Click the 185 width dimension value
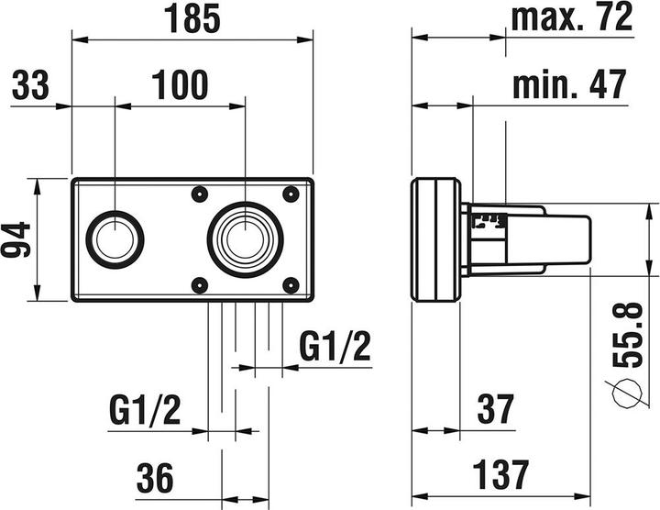click(192, 19)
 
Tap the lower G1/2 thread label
click(145, 407)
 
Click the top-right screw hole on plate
click(291, 194)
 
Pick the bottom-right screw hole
click(291, 283)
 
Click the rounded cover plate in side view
click(436, 238)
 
